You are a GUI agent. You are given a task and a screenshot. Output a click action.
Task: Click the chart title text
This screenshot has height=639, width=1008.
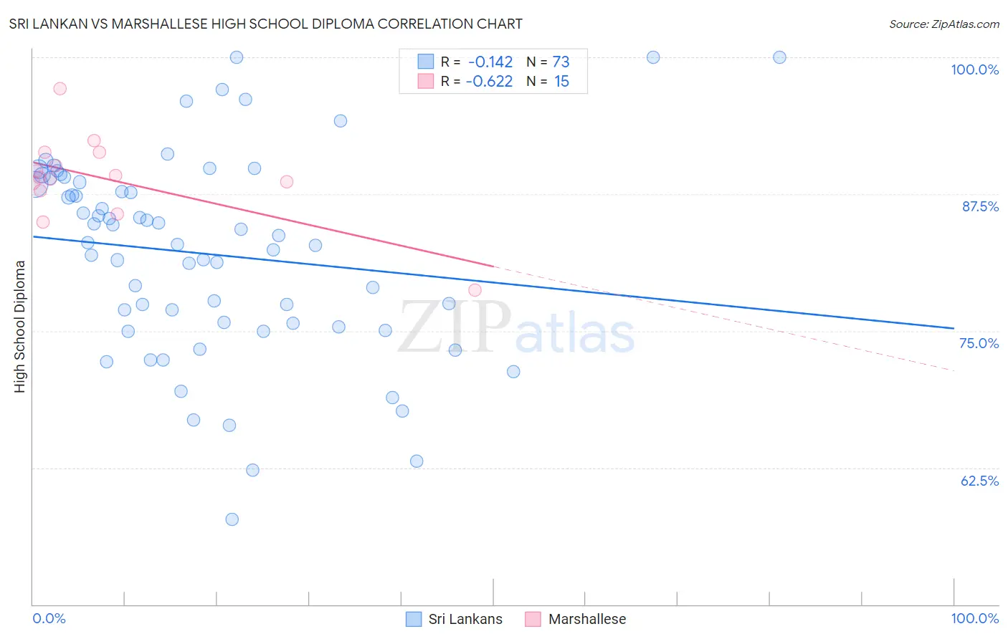click(265, 24)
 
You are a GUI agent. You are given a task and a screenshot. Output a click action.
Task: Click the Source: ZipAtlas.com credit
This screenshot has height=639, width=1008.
click(943, 24)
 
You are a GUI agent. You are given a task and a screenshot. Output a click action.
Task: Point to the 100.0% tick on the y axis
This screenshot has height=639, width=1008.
click(974, 69)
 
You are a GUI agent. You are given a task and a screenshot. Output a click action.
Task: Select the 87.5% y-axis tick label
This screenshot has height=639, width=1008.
click(979, 206)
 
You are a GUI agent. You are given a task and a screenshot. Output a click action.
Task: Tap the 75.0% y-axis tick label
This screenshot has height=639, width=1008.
click(979, 343)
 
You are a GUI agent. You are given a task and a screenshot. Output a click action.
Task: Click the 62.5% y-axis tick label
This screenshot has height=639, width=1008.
click(979, 481)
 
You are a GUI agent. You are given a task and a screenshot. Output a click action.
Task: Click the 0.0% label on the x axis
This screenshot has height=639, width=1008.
click(49, 618)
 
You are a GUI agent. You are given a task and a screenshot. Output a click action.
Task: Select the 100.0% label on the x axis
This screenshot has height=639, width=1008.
click(974, 618)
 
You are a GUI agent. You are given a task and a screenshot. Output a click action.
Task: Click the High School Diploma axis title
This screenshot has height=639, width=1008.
click(20, 326)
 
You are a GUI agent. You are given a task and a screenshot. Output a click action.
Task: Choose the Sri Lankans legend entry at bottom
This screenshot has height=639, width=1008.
click(455, 619)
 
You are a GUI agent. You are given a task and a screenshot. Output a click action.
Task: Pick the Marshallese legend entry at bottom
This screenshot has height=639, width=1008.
click(576, 619)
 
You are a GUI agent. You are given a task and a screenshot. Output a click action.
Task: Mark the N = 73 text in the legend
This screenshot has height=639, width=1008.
click(548, 62)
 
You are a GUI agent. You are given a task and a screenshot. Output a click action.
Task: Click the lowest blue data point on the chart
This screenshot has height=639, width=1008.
click(232, 519)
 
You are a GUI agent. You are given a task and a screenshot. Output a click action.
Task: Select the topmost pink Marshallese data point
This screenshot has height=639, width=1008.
click(60, 89)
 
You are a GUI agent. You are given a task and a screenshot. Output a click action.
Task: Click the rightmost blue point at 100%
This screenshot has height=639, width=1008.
click(779, 57)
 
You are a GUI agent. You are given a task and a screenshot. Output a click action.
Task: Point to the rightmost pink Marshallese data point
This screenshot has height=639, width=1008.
click(475, 290)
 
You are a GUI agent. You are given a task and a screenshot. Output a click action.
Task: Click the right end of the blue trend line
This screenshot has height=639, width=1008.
click(954, 328)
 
